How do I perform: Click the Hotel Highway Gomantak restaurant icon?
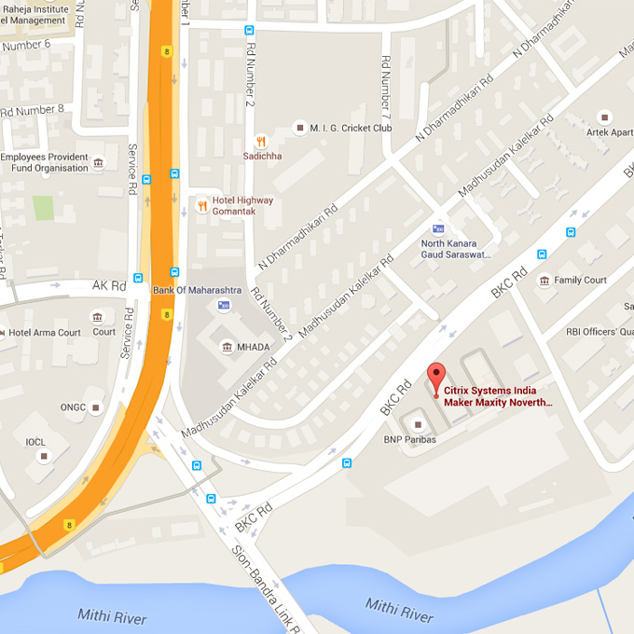201,205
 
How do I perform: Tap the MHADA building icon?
227,347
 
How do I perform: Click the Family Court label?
580,280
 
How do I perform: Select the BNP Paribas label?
409,439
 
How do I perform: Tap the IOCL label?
35,442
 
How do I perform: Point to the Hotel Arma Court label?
45,333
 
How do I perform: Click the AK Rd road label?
108,285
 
